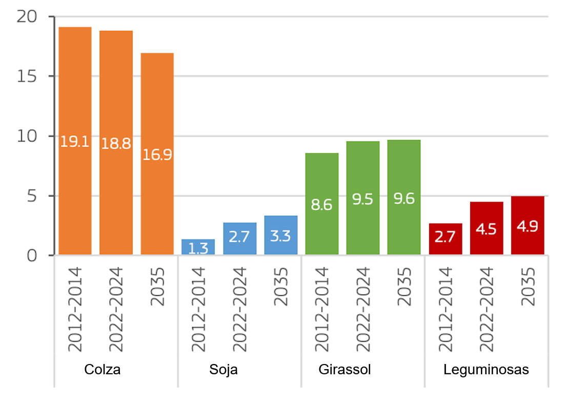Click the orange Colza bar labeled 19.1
(75, 140)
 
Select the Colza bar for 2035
(157, 154)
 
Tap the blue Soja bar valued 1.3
(198, 247)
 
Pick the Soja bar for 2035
(281, 235)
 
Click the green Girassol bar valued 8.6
(322, 204)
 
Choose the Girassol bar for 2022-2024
(363, 198)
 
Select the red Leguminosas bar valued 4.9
(528, 225)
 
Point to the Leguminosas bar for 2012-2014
(446, 239)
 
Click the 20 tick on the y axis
(27, 17)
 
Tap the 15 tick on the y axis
(28, 76)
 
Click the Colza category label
(102, 370)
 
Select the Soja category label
(224, 370)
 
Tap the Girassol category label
(345, 370)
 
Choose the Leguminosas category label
(486, 370)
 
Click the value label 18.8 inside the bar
(116, 144)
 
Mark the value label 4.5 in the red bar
(486, 229)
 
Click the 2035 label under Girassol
(405, 287)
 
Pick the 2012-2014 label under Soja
(198, 310)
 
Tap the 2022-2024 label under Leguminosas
(486, 310)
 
